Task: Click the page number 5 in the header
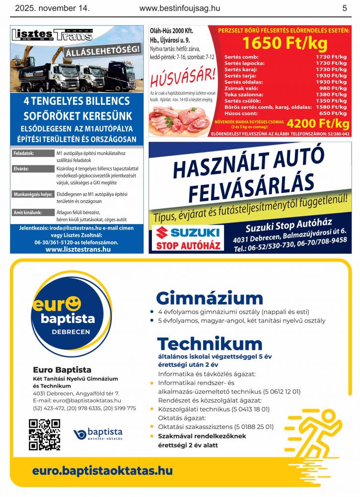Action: coord(344,8)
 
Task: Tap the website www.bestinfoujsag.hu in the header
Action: coord(180,8)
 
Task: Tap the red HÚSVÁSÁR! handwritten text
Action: coord(183,77)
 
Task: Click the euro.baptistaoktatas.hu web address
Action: coord(102,471)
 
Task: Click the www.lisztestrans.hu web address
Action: coord(77,249)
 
